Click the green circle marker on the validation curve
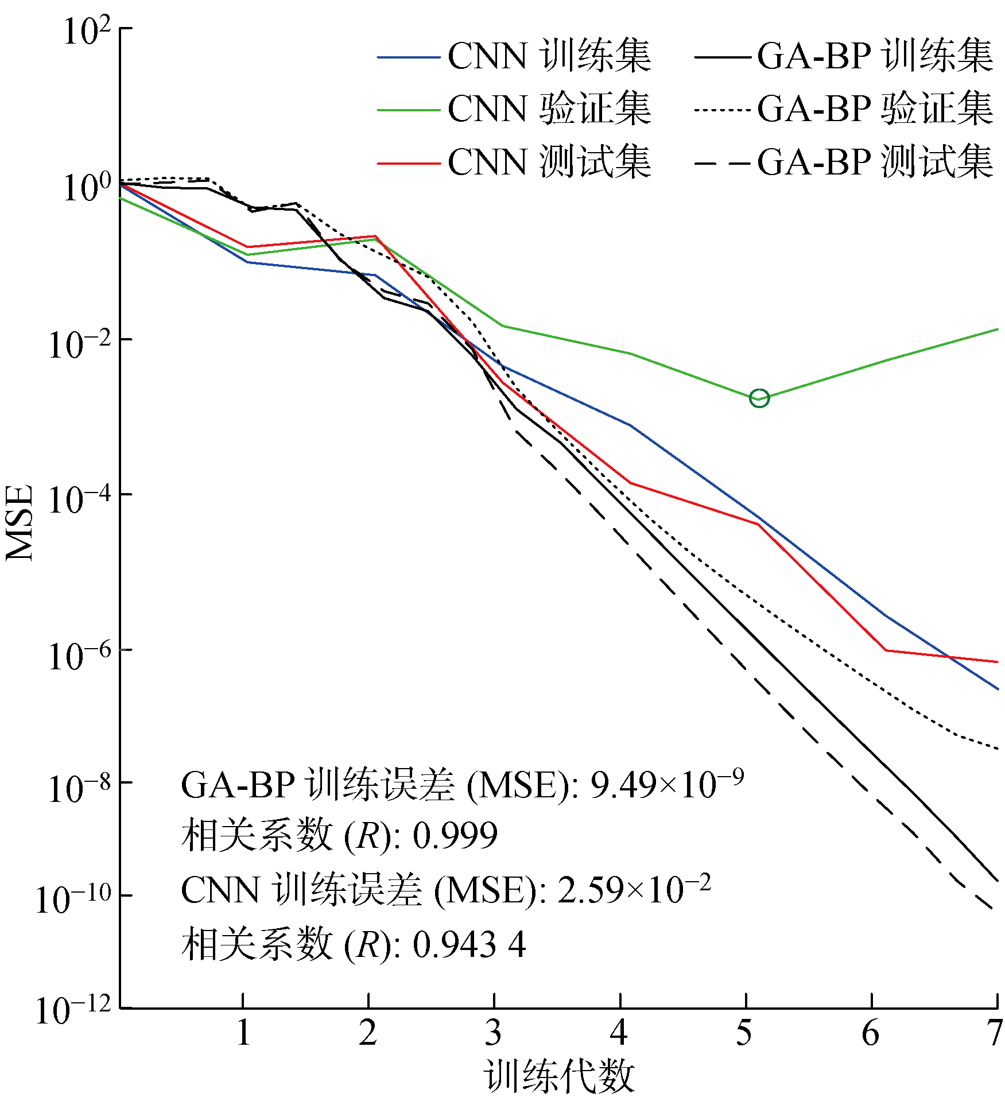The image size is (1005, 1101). click(x=759, y=398)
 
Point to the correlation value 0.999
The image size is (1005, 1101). click(x=455, y=836)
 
